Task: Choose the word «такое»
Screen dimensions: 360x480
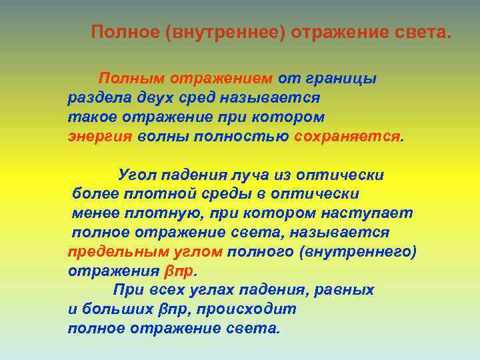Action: point(89,117)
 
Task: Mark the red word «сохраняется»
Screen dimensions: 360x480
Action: point(347,137)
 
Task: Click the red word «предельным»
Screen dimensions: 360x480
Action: point(111,252)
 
